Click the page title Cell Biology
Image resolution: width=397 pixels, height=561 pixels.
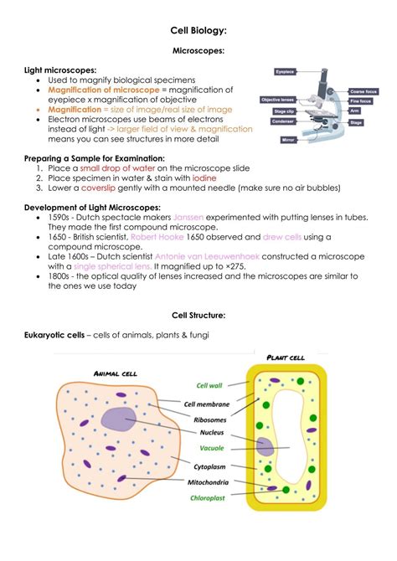pos(198,30)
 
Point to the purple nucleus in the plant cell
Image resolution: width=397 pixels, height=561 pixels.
pos(266,446)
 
